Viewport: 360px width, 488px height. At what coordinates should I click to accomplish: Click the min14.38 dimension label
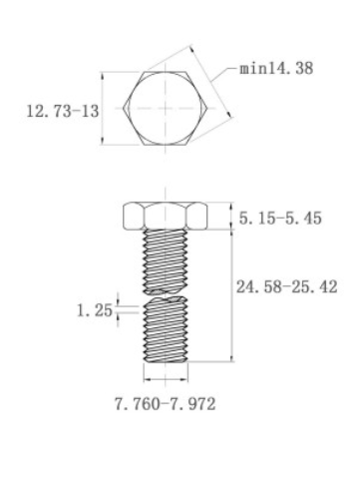tap(272, 71)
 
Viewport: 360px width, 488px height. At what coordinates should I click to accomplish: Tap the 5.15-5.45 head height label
tap(279, 219)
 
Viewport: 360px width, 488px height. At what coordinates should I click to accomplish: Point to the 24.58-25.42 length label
tap(289, 287)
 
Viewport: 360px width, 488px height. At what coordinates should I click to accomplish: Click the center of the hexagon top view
tap(165, 109)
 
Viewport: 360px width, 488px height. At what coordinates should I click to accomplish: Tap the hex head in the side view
tap(165, 216)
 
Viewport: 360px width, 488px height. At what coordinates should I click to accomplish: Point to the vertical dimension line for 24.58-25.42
tap(231, 299)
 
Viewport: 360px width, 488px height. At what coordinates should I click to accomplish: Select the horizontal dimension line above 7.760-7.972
tap(165, 379)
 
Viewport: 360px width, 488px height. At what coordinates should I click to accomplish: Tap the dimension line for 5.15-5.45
tap(231, 216)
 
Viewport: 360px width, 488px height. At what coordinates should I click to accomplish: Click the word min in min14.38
tap(254, 71)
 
